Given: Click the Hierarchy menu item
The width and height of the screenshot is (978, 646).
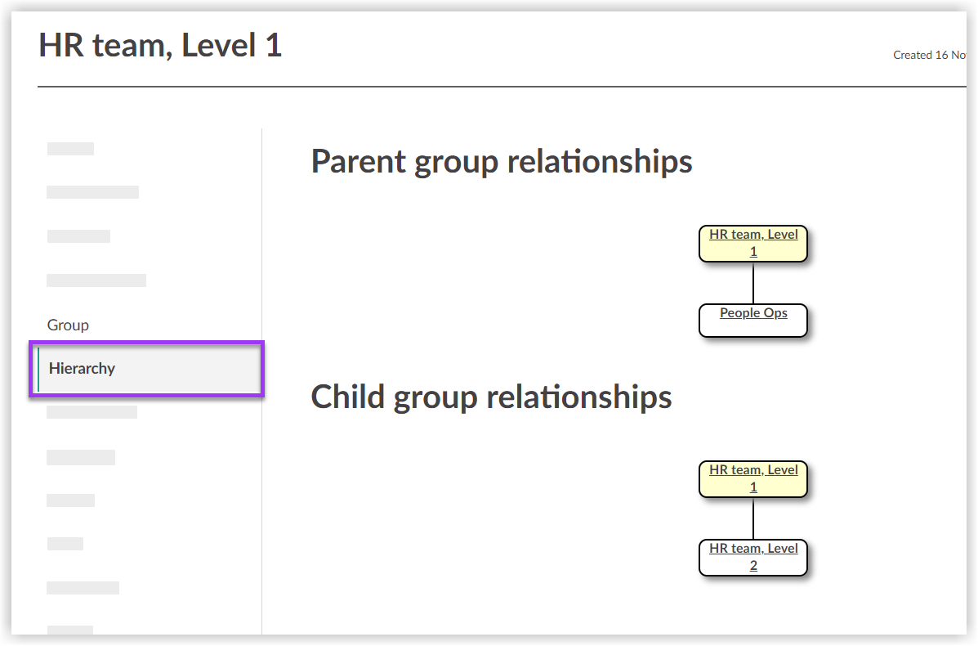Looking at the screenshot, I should pyautogui.click(x=82, y=369).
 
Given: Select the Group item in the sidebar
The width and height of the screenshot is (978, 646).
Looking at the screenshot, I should pyautogui.click(x=68, y=325).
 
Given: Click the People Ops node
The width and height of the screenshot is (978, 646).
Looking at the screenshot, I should pyautogui.click(x=753, y=313).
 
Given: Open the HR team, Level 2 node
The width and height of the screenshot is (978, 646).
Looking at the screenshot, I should pyautogui.click(x=753, y=557).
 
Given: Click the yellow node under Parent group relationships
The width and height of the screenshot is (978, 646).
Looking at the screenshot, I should pyautogui.click(x=753, y=243).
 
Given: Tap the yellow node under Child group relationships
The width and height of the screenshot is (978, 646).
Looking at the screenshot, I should pyautogui.click(x=753, y=478).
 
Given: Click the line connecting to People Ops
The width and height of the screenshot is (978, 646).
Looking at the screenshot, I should pyautogui.click(x=753, y=284).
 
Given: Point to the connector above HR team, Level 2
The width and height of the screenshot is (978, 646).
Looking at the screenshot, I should pyautogui.click(x=753, y=518).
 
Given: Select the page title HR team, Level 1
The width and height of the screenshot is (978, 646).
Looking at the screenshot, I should pyautogui.click(x=161, y=45).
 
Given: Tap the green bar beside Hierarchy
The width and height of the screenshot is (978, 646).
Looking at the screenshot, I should pyautogui.click(x=38, y=369).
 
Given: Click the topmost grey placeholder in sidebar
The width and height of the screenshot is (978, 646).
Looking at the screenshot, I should pyautogui.click(x=70, y=149).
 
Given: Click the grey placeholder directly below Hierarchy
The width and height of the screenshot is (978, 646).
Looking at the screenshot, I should pyautogui.click(x=92, y=412).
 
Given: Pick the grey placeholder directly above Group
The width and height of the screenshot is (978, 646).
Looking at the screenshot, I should pyautogui.click(x=96, y=280).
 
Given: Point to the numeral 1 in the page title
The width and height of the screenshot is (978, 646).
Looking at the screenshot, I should pyautogui.click(x=273, y=45).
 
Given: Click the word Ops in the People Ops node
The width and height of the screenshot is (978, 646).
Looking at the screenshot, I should pyautogui.click(x=775, y=313).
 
